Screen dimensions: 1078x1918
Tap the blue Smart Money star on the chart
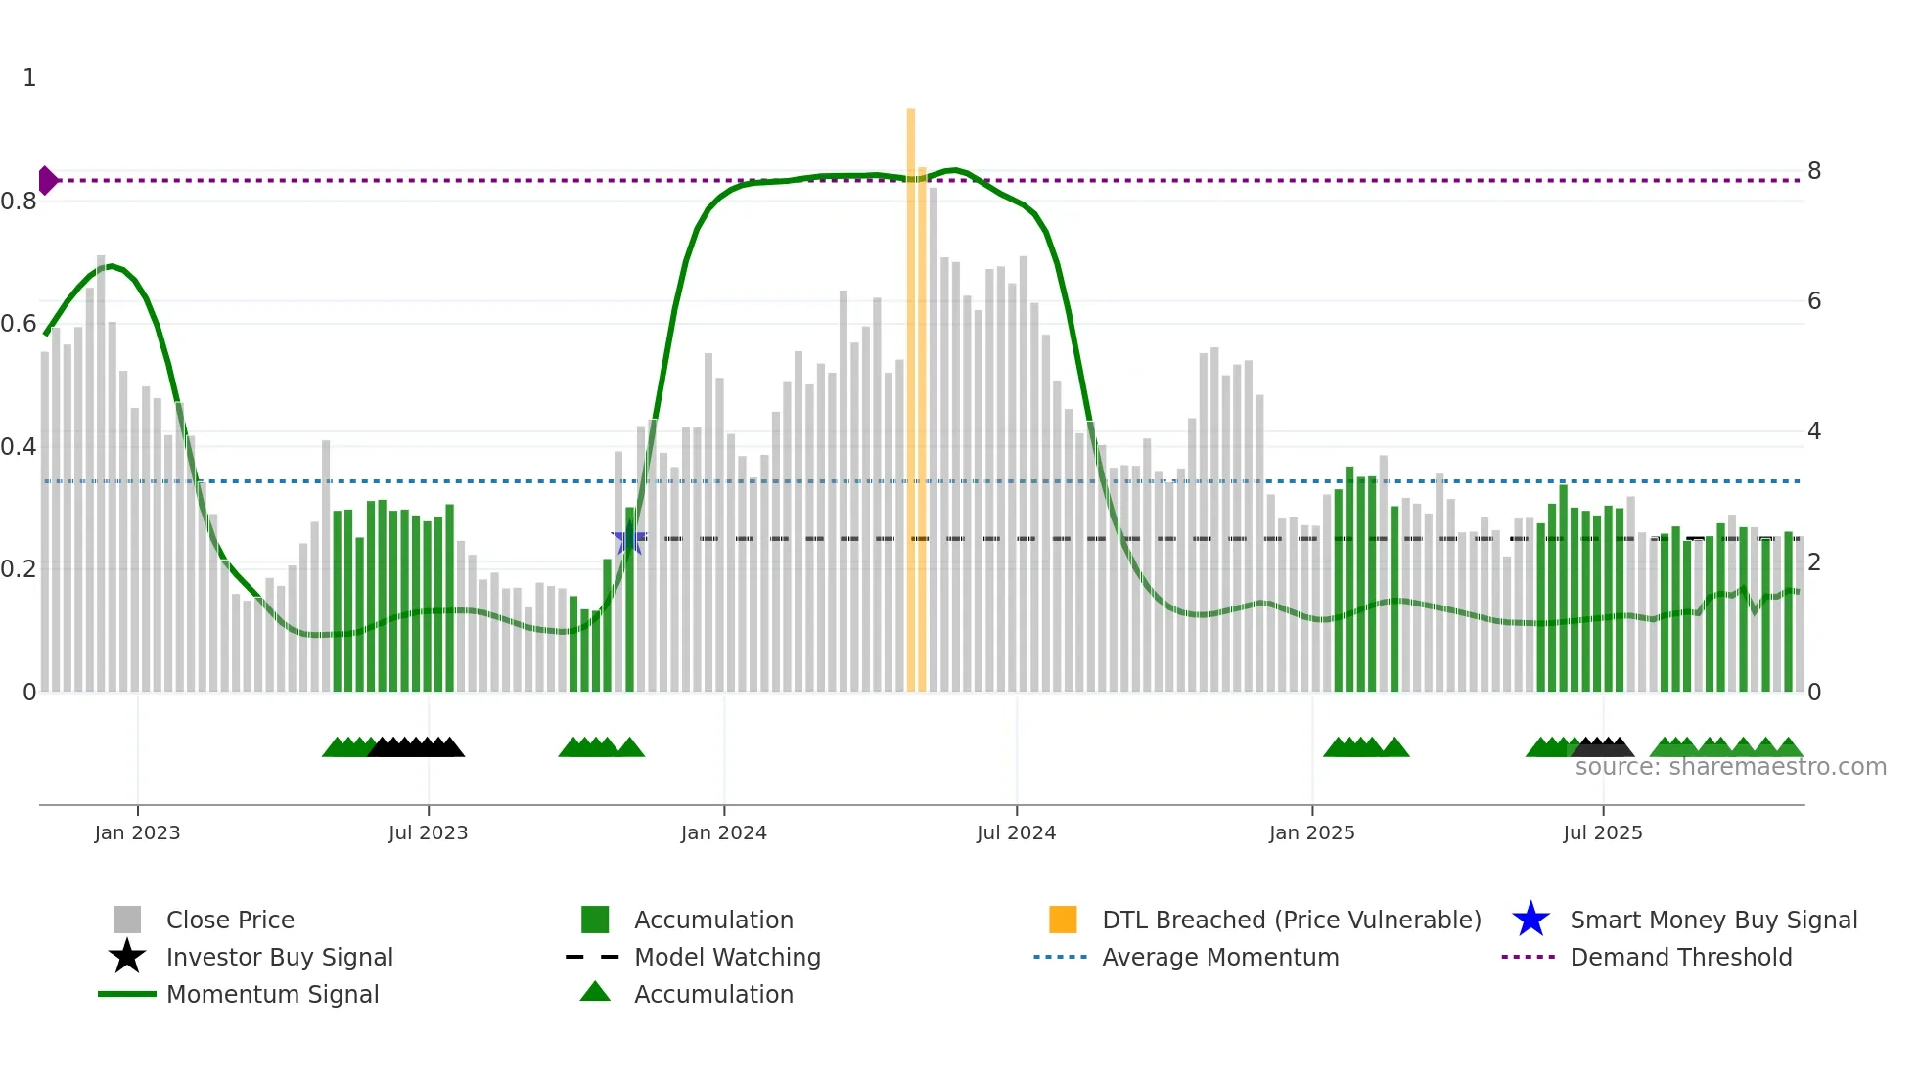point(628,538)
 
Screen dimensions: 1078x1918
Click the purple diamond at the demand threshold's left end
point(47,180)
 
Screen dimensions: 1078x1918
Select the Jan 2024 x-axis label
point(723,832)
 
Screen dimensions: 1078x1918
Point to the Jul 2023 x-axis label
point(428,832)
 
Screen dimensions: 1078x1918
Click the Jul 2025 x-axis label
point(1602,832)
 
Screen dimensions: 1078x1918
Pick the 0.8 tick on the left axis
point(20,202)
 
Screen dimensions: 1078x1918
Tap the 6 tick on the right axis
point(1813,301)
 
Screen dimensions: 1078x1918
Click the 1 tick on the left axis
point(29,78)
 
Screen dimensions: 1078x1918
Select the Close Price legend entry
point(229,920)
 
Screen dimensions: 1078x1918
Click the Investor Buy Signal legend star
point(127,957)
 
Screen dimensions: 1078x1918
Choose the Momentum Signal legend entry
point(272,994)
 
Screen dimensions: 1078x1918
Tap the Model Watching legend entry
point(726,957)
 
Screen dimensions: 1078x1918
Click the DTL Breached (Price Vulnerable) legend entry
point(1291,920)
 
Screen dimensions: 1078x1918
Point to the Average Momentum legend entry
point(1219,957)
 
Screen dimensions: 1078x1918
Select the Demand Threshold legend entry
point(1680,957)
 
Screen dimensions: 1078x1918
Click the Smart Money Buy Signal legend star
point(1530,920)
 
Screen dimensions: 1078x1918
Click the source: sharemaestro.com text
point(1730,767)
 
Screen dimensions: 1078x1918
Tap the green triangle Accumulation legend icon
point(595,993)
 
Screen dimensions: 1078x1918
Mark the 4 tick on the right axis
point(1813,431)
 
